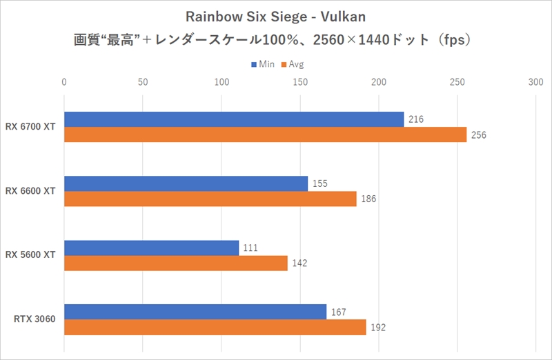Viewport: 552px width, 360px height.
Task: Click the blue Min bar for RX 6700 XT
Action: tap(234, 119)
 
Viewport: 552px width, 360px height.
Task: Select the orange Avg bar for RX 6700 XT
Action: tap(266, 134)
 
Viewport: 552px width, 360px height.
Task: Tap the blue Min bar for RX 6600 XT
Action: tap(186, 183)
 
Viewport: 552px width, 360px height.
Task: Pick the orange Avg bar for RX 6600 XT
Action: tap(210, 199)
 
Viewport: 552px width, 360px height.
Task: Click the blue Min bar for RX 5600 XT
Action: tap(152, 248)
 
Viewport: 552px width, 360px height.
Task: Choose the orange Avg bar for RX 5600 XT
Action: tap(176, 263)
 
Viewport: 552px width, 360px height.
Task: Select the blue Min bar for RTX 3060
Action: tap(195, 312)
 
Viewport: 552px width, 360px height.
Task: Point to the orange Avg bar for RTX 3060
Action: tap(215, 327)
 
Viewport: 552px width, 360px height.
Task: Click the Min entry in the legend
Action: tap(263, 64)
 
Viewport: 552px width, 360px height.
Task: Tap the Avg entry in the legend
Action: tap(293, 64)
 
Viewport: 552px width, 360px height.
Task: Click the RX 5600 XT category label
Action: tap(32, 255)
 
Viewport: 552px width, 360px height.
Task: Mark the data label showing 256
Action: tap(479, 135)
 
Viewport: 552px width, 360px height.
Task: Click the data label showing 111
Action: tap(250, 248)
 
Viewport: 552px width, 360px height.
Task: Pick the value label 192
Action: tap(378, 327)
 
